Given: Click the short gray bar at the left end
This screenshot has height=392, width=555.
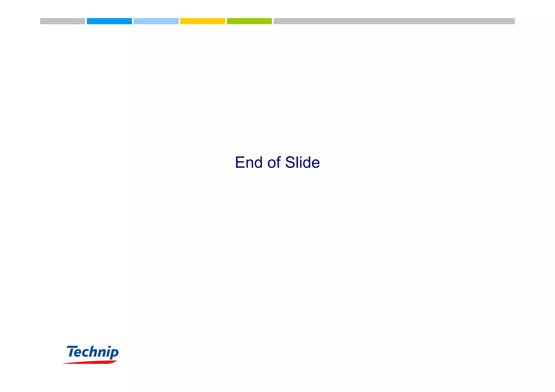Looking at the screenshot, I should (x=63, y=21).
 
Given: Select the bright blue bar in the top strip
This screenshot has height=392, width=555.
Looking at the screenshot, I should (x=109, y=21).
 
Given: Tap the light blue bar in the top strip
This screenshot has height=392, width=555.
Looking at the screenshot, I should (x=156, y=21).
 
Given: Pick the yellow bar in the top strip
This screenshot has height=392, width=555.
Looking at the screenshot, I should (x=202, y=21).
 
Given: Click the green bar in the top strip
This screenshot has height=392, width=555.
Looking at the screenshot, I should (x=249, y=21).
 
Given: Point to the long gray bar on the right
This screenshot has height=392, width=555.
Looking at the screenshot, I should (x=394, y=21).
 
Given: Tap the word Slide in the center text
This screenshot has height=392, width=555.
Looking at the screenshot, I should (x=302, y=162).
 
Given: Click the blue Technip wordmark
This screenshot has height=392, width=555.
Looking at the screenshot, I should (x=92, y=352).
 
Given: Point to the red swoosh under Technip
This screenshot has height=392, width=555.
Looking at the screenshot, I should (x=90, y=362).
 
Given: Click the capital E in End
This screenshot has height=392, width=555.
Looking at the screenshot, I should (x=240, y=162).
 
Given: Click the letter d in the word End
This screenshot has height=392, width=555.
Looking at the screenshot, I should (x=258, y=162).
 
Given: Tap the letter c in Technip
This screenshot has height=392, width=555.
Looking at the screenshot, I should (x=87, y=353).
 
